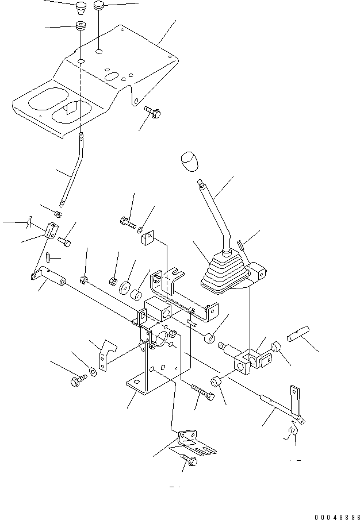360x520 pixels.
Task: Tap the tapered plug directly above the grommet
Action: point(79,10)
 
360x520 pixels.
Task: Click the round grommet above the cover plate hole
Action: point(80,26)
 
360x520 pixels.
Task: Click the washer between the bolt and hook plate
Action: point(93,368)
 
